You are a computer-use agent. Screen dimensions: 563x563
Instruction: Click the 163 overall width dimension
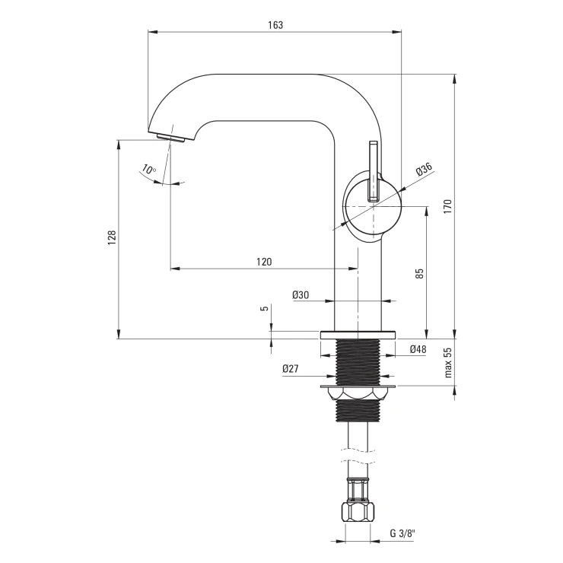[x=275, y=25]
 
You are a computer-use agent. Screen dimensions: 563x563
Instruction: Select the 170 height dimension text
[x=447, y=207]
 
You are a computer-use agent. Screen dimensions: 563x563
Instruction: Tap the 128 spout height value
[x=112, y=237]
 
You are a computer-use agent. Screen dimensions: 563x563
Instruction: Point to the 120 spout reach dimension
[x=264, y=262]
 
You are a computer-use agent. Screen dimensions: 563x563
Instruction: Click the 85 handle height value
[x=419, y=274]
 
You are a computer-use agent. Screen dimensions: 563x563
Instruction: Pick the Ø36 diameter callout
[x=424, y=169]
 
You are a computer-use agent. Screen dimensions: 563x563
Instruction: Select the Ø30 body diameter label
[x=301, y=294]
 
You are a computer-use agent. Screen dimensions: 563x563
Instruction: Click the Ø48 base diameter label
[x=418, y=349]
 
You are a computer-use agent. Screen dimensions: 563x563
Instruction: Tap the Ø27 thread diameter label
[x=290, y=369]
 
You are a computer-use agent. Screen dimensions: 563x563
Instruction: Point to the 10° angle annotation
[x=148, y=169]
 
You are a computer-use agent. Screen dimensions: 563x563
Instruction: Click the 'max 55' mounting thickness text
[x=448, y=362]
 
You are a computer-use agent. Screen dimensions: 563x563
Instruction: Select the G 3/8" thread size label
[x=402, y=533]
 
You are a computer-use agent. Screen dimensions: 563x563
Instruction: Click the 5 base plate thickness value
[x=266, y=308]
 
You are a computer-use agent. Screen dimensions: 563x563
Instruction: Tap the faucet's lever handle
[x=374, y=171]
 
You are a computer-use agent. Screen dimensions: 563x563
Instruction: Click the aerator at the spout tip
[x=170, y=138]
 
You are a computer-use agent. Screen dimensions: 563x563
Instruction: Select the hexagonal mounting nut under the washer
[x=358, y=393]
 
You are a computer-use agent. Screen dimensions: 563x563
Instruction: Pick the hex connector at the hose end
[x=358, y=512]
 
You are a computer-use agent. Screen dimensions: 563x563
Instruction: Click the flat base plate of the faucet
[x=358, y=335]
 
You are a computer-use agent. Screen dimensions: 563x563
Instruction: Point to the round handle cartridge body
[x=372, y=207]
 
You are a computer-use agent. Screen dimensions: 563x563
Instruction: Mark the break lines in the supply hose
[x=358, y=455]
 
